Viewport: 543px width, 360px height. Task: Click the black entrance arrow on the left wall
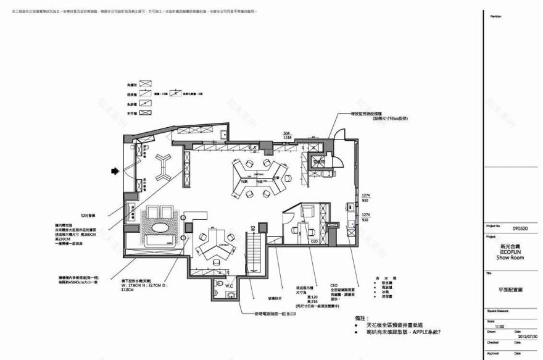coord(114,171)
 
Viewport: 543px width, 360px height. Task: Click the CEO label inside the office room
coord(313,242)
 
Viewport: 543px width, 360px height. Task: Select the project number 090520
coord(521,228)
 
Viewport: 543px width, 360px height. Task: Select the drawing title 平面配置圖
coord(510,289)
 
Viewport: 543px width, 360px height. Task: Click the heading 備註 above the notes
coord(362,317)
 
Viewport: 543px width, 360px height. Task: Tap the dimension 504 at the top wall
coord(286,133)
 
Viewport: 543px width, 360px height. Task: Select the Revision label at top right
coord(495,16)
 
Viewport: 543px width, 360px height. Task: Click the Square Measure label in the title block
coord(500,311)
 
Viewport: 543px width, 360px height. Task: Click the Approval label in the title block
coord(494,354)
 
